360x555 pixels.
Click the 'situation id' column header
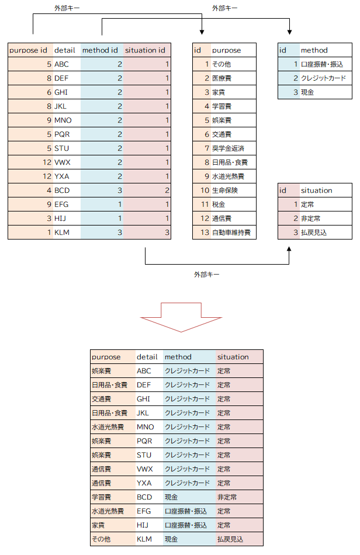[x=145, y=50]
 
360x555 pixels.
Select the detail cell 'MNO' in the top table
[x=63, y=120]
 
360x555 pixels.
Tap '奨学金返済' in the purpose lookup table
[x=229, y=148]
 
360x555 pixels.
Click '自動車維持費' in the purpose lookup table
[x=231, y=233]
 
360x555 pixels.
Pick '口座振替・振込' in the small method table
[x=322, y=64]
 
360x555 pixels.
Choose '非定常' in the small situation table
[x=310, y=218]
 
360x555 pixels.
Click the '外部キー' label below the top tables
[x=207, y=275]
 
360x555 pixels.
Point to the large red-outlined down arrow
[x=181, y=317]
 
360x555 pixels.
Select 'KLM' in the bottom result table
[x=144, y=539]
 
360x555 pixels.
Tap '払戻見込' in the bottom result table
[x=230, y=539]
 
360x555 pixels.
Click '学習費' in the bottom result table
[x=102, y=497]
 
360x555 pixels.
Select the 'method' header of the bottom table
[x=178, y=357]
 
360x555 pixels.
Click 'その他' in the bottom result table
[x=101, y=539]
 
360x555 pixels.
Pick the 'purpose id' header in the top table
[x=28, y=50]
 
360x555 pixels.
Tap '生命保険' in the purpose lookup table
[x=225, y=190]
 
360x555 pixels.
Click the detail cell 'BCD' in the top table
[x=62, y=190]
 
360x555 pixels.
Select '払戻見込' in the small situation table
[x=314, y=233]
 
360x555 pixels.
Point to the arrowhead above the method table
[x=289, y=32]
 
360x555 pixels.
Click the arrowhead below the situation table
[x=289, y=249]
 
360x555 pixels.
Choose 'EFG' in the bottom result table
[x=144, y=511]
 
